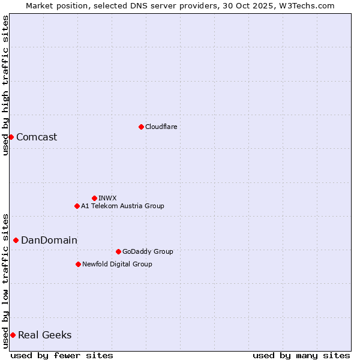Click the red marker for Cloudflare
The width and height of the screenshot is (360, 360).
[x=141, y=127]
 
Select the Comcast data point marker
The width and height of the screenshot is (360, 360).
[x=11, y=137]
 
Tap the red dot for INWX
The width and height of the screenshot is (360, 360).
[x=94, y=198]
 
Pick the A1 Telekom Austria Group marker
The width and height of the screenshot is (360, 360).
[x=77, y=206]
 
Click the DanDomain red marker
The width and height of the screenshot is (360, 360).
[x=16, y=240]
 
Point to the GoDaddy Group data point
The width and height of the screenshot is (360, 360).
[x=118, y=251]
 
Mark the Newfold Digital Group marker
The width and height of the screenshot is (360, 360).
[x=78, y=264]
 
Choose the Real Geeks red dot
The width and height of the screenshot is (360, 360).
[x=13, y=335]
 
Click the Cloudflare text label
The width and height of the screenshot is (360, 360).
[x=161, y=127]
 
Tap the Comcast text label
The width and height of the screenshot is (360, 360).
[x=37, y=137]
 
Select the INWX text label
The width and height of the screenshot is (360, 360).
[x=108, y=198]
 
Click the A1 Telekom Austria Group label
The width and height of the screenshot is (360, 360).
[x=122, y=206]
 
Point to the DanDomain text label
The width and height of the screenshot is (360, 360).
[x=49, y=240]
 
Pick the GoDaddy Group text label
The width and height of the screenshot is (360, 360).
[x=148, y=251]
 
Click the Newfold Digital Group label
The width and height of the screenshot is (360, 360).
[x=117, y=264]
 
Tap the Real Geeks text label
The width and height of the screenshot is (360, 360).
[x=45, y=335]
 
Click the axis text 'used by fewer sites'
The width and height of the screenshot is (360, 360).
[x=62, y=355]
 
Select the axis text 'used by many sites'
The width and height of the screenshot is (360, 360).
[x=301, y=355]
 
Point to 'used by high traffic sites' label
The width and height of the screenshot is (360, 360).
[x=5, y=85]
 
